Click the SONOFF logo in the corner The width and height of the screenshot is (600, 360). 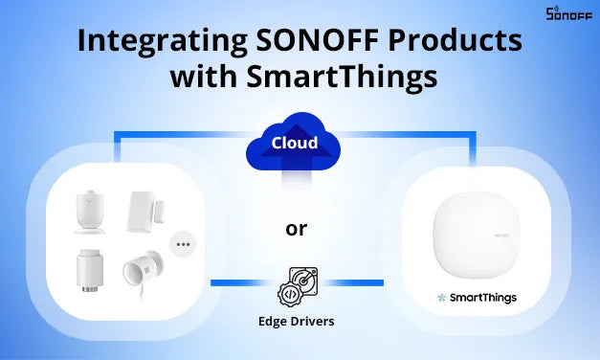click(567, 13)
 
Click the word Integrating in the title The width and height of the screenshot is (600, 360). click(148, 44)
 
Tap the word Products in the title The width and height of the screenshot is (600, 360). click(449, 44)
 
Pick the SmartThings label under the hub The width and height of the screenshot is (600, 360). click(484, 298)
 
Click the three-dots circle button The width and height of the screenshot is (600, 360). click(182, 245)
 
